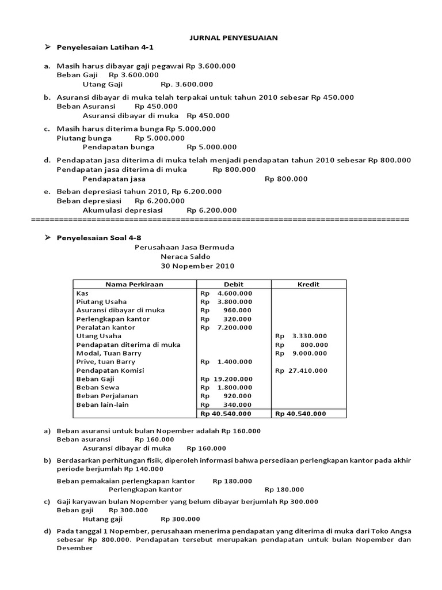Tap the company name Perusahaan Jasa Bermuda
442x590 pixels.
pyautogui.click(x=184, y=247)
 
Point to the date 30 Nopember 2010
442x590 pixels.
pyautogui.click(x=197, y=266)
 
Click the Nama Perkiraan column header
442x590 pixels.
pyautogui.click(x=134, y=284)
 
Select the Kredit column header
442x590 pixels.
pyautogui.click(x=308, y=284)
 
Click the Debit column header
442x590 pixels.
pyautogui.click(x=234, y=284)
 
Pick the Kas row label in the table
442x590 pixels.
pyautogui.click(x=82, y=293)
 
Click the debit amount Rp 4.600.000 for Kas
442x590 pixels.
pyautogui.click(x=226, y=293)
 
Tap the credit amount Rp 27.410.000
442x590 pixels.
pyautogui.click(x=301, y=370)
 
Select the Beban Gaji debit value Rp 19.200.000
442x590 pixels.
pyautogui.click(x=226, y=379)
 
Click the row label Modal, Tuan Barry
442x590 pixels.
pyautogui.click(x=109, y=353)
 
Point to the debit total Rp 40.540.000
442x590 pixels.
pyautogui.click(x=226, y=413)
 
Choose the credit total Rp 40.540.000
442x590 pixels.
pyautogui.click(x=300, y=413)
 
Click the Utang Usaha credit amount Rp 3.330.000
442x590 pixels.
pyautogui.click(x=301, y=336)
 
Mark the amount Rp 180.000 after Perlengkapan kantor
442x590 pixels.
pyautogui.click(x=282, y=490)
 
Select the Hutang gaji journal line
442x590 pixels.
pyautogui.click(x=103, y=519)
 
